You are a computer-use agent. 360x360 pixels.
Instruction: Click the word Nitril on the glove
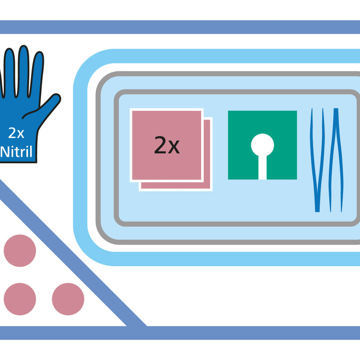tap(16, 152)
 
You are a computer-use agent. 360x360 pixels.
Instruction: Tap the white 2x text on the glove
tap(16, 133)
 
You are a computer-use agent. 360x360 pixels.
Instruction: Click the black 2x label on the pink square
tap(167, 145)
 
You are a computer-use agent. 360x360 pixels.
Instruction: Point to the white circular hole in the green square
tap(262, 145)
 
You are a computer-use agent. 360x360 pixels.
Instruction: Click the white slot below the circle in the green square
tap(262, 167)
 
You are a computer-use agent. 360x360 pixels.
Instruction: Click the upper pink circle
tap(20, 251)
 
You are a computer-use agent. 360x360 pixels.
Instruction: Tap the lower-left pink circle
tap(20, 299)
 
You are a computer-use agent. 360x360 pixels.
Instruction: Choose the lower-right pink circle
tap(68, 299)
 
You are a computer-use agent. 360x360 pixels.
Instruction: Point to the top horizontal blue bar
tap(180, 27)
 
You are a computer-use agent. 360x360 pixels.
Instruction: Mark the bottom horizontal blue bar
tap(180, 333)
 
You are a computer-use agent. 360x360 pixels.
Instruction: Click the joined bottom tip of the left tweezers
tap(317, 211)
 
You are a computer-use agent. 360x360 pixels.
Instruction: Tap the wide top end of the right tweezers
tap(336, 109)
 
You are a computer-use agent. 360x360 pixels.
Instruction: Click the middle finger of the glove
tap(23, 71)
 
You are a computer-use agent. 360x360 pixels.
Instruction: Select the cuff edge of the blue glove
tap(18, 162)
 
